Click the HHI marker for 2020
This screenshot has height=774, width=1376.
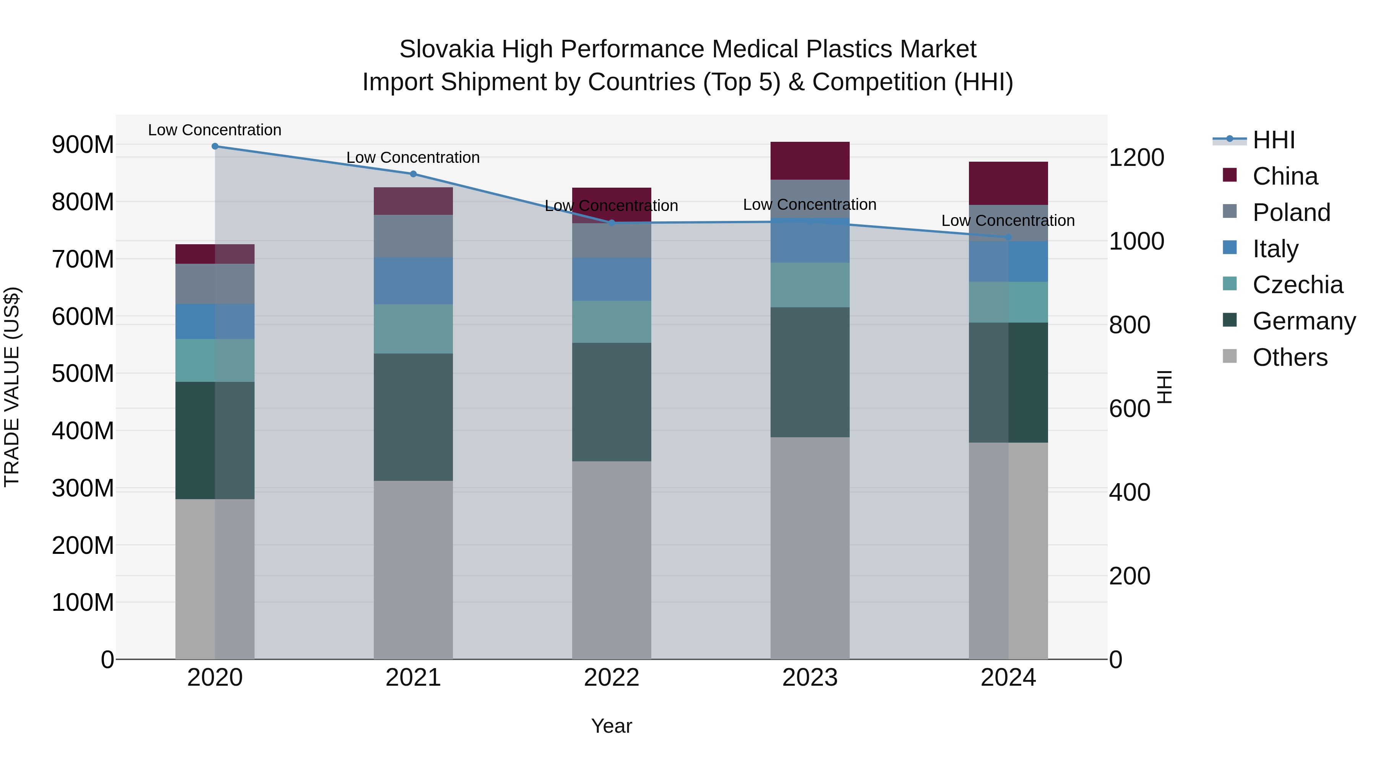pyautogui.click(x=215, y=146)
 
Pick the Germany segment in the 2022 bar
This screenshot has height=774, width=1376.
pyautogui.click(x=612, y=402)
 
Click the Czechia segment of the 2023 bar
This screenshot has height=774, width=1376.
pyautogui.click(x=810, y=285)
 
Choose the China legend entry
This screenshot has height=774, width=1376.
pyautogui.click(x=1285, y=176)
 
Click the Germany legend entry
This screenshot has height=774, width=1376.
pyautogui.click(x=1303, y=321)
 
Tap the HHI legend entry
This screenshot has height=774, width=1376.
pyautogui.click(x=1274, y=140)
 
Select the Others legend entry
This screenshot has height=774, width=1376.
pyautogui.click(x=1290, y=357)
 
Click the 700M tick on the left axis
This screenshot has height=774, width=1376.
pyautogui.click(x=83, y=260)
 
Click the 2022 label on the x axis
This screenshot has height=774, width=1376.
pyautogui.click(x=612, y=678)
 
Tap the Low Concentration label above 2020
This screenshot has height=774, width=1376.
pyautogui.click(x=215, y=130)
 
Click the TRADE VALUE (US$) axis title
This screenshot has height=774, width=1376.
pyautogui.click(x=12, y=387)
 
